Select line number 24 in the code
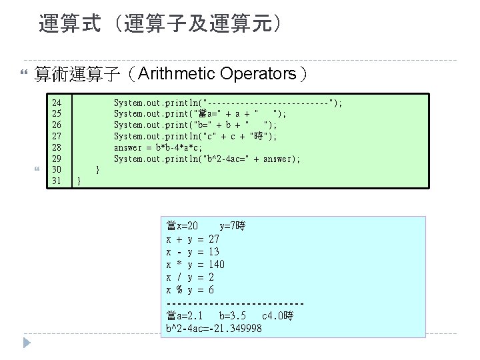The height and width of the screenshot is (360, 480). coord(57,103)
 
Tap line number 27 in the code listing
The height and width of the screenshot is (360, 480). coord(57,136)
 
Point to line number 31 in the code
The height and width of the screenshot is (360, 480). coord(57,181)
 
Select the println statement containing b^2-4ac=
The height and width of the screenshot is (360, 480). coord(207,159)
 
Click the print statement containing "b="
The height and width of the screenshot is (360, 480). coord(194,125)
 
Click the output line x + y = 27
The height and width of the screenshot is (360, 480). coord(193,239)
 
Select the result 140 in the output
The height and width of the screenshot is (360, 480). coord(217,265)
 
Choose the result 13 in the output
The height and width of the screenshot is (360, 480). coord(214,252)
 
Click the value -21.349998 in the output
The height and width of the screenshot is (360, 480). coord(234,329)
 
